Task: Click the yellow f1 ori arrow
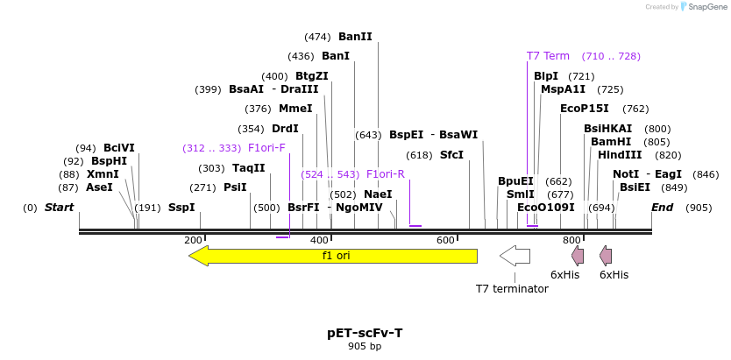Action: pyautogui.click(x=333, y=256)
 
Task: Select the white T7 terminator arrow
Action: pyautogui.click(x=515, y=256)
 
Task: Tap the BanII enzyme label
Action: pyautogui.click(x=355, y=37)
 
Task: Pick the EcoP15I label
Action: pyautogui.click(x=585, y=109)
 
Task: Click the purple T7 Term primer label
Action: pyautogui.click(x=548, y=56)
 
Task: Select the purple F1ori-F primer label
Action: pyautogui.click(x=266, y=148)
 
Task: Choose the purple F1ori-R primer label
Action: pyautogui.click(x=385, y=174)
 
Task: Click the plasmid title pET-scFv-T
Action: pyautogui.click(x=365, y=333)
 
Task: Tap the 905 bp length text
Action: pyautogui.click(x=365, y=347)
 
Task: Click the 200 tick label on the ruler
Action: pyautogui.click(x=193, y=240)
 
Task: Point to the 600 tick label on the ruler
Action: pyautogui.click(x=445, y=240)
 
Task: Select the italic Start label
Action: pyautogui.click(x=59, y=208)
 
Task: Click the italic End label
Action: pyautogui.click(x=662, y=208)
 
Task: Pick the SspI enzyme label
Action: pyautogui.click(x=181, y=208)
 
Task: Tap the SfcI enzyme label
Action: pyautogui.click(x=451, y=155)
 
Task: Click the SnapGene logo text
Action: pyautogui.click(x=707, y=7)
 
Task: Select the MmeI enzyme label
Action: pyautogui.click(x=295, y=109)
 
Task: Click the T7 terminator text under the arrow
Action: pyautogui.click(x=512, y=288)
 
